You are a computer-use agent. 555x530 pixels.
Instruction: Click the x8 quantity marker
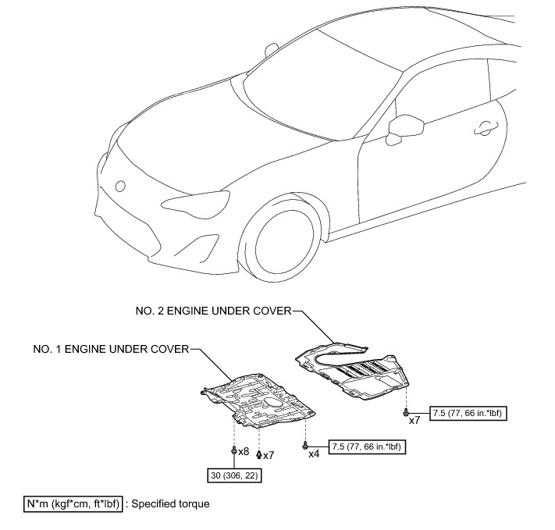pyautogui.click(x=244, y=451)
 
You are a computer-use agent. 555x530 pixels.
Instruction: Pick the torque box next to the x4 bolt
pyautogui.click(x=368, y=447)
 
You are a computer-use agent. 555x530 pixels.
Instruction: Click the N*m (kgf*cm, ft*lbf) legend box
pyautogui.click(x=75, y=504)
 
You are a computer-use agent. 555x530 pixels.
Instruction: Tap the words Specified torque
pyautogui.click(x=171, y=504)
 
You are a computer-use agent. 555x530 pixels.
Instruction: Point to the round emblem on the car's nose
pyautogui.click(x=120, y=187)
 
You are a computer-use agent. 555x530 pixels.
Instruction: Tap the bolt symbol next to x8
pyautogui.click(x=233, y=450)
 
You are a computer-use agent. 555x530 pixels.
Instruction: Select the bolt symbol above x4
pyautogui.click(x=304, y=444)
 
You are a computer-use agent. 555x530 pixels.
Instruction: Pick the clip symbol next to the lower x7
pyautogui.click(x=258, y=454)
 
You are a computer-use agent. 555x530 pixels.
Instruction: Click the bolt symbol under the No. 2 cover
pyautogui.click(x=405, y=411)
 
